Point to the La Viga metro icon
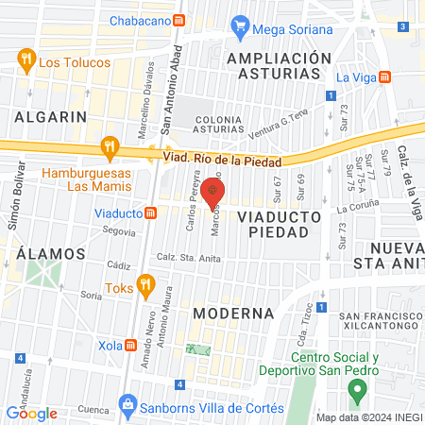(384, 77)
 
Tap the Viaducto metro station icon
(150, 212)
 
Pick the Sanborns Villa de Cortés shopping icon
(127, 407)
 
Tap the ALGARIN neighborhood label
(50, 117)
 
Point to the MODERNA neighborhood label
(232, 312)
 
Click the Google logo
(31, 413)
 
